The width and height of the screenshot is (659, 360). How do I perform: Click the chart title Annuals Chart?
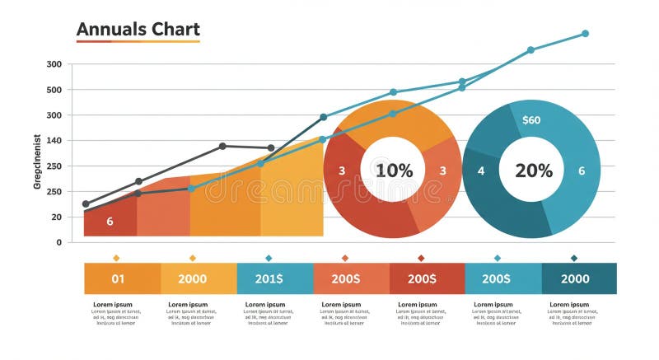(x=138, y=30)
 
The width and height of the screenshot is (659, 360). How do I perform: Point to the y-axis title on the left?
(x=37, y=161)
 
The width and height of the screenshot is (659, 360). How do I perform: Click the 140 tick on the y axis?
(x=54, y=141)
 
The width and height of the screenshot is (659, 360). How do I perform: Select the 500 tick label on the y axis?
(x=54, y=90)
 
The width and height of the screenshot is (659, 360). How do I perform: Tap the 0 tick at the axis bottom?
(x=58, y=242)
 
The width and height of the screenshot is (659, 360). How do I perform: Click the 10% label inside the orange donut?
(x=394, y=171)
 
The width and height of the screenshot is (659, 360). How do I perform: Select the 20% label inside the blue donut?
(x=533, y=171)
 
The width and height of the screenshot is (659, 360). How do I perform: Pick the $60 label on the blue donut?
(x=531, y=120)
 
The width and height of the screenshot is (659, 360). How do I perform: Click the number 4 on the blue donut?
(x=481, y=171)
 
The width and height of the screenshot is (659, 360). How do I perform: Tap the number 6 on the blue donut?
(x=582, y=171)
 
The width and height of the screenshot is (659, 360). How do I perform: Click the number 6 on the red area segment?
(x=110, y=222)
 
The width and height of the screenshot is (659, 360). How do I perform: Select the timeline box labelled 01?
(x=119, y=278)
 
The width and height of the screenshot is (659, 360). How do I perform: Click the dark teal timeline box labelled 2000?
(x=575, y=278)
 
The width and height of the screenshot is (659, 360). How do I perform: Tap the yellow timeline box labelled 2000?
(x=193, y=278)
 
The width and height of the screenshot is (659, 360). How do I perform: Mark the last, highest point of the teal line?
(x=585, y=34)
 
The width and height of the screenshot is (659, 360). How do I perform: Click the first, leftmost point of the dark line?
(x=86, y=203)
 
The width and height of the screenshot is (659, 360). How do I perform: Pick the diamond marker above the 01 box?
(x=116, y=258)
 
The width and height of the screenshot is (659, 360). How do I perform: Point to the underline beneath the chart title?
(x=138, y=41)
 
